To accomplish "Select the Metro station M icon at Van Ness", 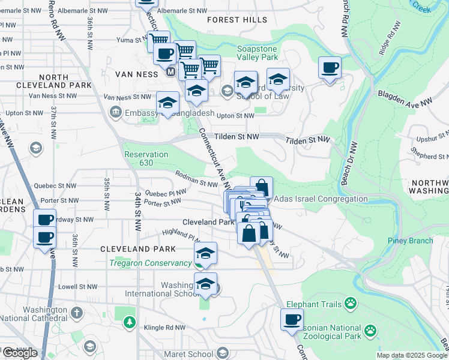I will coord(171,73).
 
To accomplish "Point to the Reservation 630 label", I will coord(146,158).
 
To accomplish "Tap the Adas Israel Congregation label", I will coord(321,199).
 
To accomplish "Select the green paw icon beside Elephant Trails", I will coord(351,304).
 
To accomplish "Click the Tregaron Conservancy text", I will coord(150,263).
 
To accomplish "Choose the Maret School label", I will coord(190,352).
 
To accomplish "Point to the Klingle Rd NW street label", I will coord(166,328).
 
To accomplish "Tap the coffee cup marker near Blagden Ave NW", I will coord(330,68).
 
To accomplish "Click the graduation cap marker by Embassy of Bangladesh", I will coord(167,103).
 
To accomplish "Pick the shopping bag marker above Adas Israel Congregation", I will coord(261,187).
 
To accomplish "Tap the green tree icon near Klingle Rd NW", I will coord(129,323).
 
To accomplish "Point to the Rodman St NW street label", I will coord(196,178).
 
